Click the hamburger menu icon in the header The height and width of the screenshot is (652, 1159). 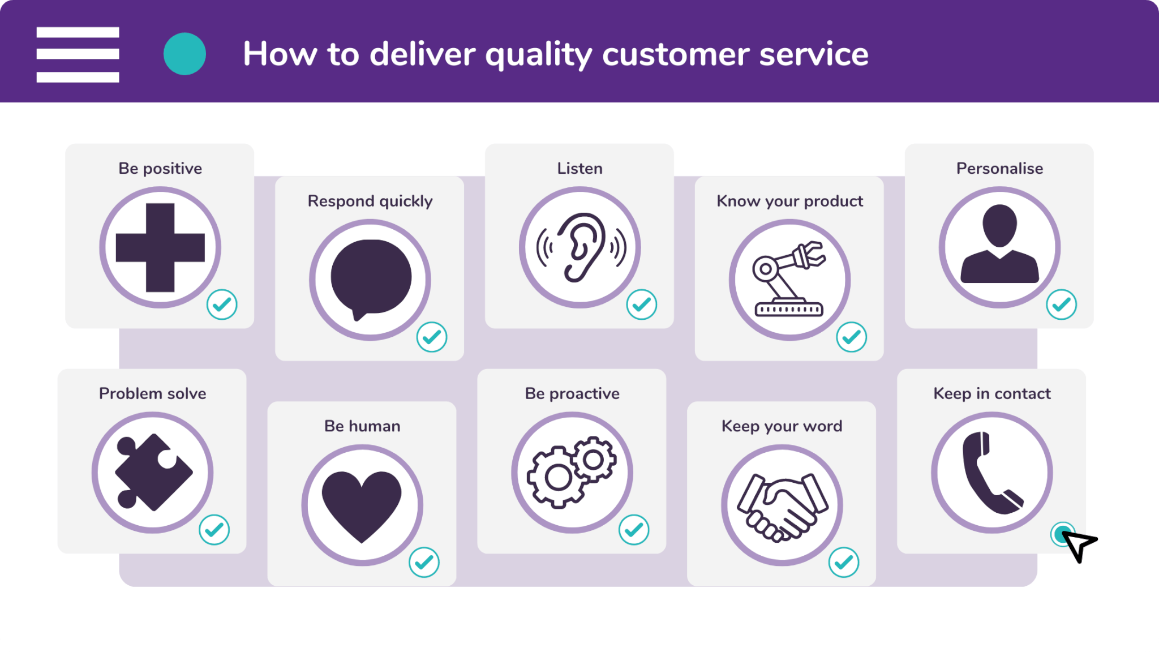pyautogui.click(x=78, y=54)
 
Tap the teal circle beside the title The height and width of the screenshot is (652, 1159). pyautogui.click(x=184, y=54)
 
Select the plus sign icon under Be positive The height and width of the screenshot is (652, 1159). pyautogui.click(x=160, y=247)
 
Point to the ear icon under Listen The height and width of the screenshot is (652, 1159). pyautogui.click(x=581, y=247)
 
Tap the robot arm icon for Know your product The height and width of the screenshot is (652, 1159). pyautogui.click(x=789, y=279)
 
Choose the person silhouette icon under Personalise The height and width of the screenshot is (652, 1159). pyautogui.click(x=1000, y=244)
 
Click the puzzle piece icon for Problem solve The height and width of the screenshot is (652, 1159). pyautogui.click(x=153, y=472)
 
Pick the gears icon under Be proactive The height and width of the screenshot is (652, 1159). pyautogui.click(x=572, y=472)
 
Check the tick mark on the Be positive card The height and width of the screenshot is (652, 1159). pyautogui.click(x=222, y=304)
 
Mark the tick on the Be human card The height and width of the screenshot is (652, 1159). pyautogui.click(x=424, y=562)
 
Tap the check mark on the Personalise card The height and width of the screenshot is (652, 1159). pyautogui.click(x=1061, y=304)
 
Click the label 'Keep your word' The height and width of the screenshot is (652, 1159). pyautogui.click(x=782, y=426)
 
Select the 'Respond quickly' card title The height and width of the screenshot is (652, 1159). pyautogui.click(x=370, y=201)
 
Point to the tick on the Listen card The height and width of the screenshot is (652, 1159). pyautogui.click(x=641, y=304)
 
